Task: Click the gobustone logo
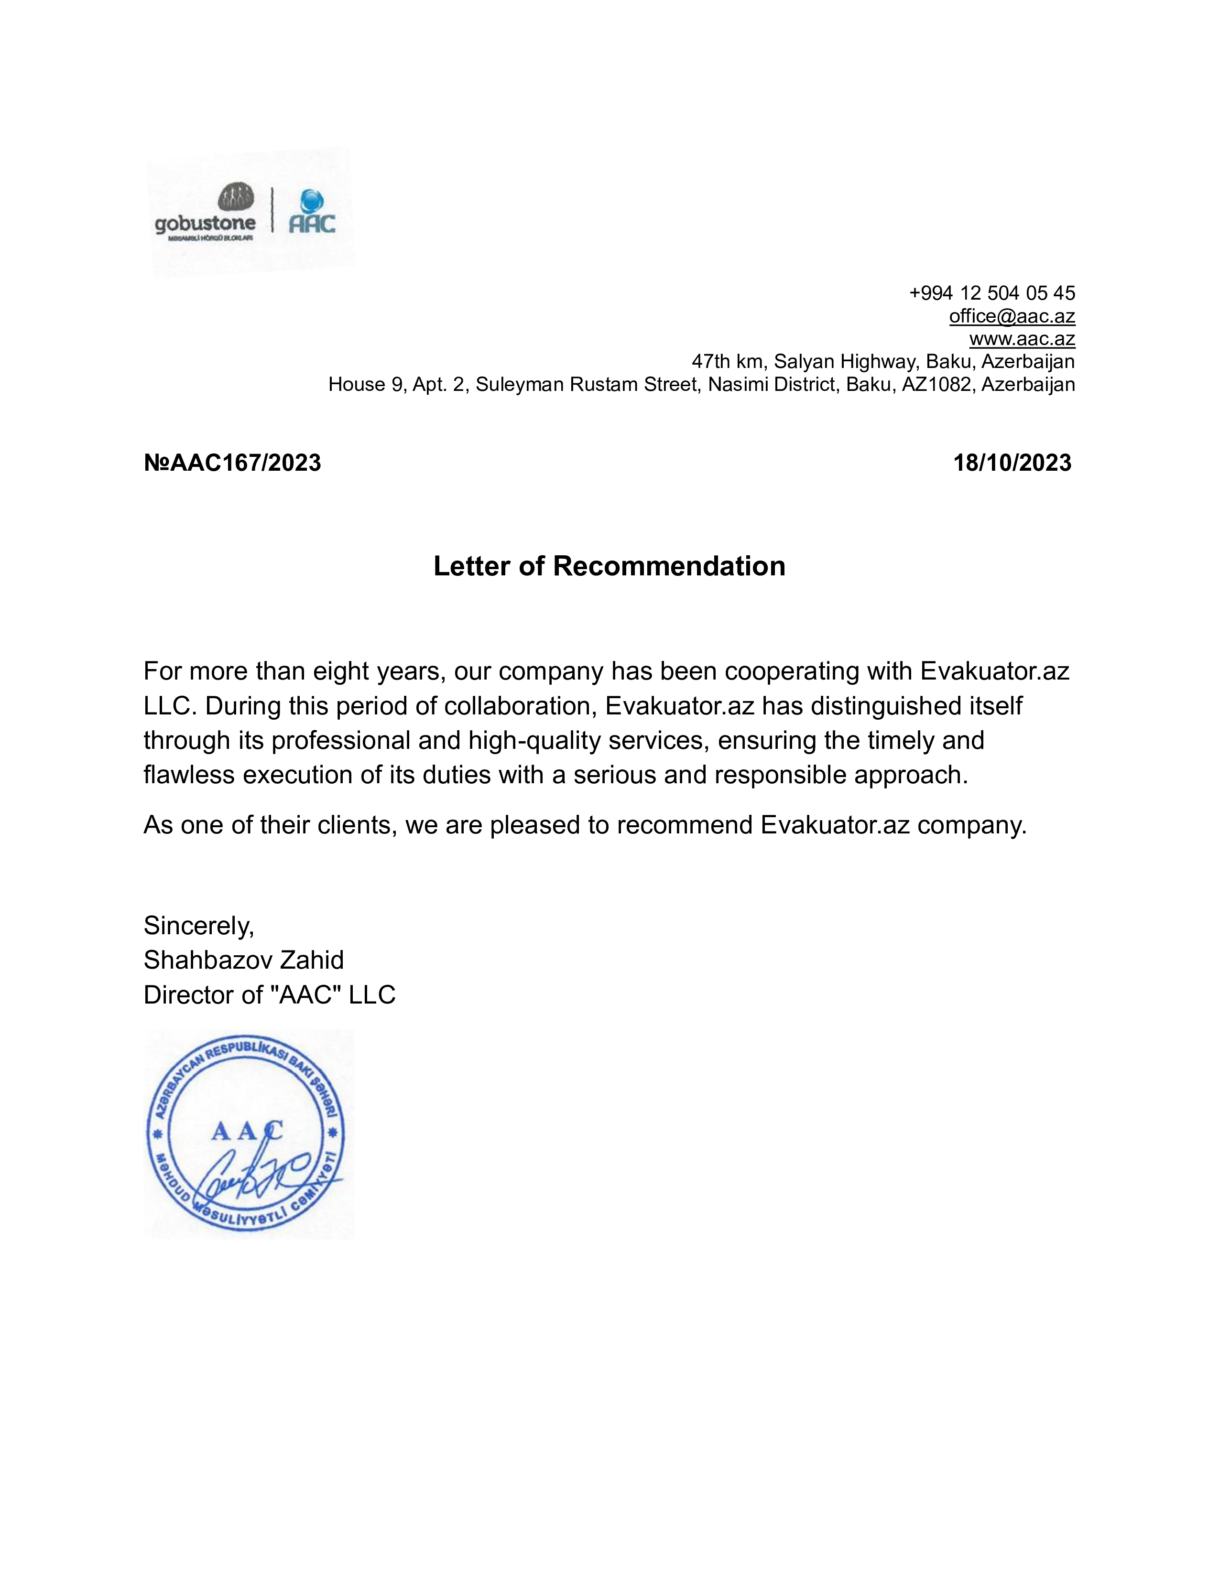click(205, 212)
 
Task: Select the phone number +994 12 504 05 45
click(991, 293)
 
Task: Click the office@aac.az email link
click(1012, 316)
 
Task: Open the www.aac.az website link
click(1022, 339)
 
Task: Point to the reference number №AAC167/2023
click(232, 463)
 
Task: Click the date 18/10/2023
click(1012, 463)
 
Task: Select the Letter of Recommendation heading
click(609, 566)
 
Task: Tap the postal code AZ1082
click(936, 384)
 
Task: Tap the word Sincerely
click(198, 925)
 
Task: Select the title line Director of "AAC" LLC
click(269, 995)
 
